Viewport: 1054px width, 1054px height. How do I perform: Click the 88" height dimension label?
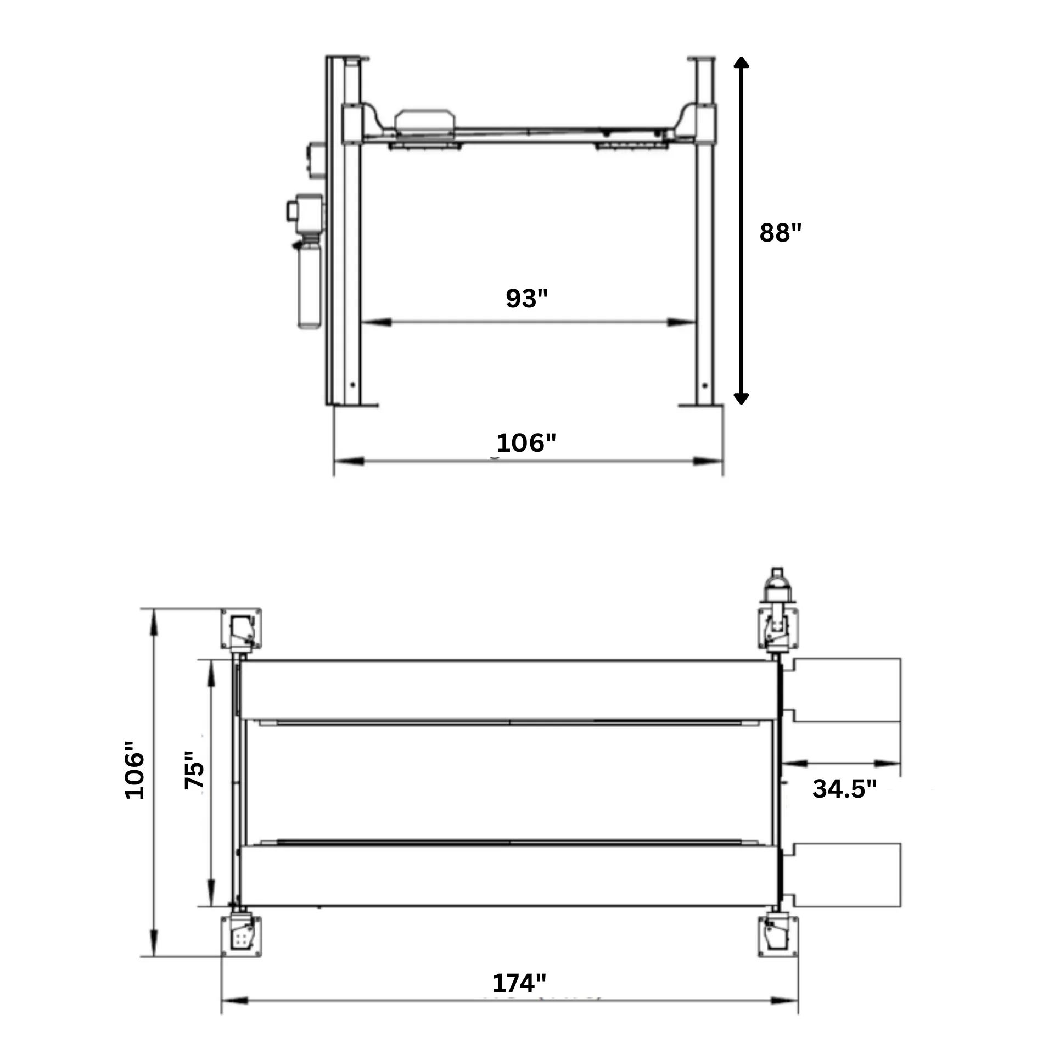tap(780, 233)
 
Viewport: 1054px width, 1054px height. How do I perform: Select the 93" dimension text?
tap(526, 299)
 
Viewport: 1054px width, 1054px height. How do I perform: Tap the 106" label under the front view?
tap(526, 442)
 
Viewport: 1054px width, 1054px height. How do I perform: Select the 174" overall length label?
tap(519, 983)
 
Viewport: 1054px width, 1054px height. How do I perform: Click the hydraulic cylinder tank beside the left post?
tap(309, 285)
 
